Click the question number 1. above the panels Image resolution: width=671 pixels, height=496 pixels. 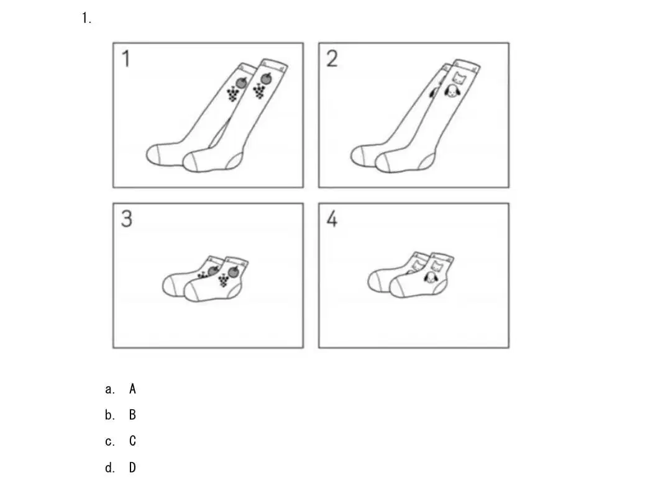[x=86, y=19]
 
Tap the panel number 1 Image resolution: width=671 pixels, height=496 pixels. [x=126, y=58]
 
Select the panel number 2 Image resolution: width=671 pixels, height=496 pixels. [x=332, y=58]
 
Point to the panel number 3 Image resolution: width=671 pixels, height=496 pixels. [x=127, y=219]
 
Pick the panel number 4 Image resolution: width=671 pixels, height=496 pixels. [x=332, y=219]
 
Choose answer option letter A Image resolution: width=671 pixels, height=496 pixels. [x=133, y=389]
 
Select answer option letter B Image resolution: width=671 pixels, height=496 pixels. [x=133, y=415]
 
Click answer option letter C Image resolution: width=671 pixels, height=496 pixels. [x=133, y=441]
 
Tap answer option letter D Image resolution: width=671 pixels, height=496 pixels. [x=133, y=467]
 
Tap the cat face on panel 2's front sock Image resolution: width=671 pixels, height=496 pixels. [x=459, y=78]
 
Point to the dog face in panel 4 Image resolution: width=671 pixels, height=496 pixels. [x=429, y=278]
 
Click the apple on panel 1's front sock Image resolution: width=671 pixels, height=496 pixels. [x=266, y=79]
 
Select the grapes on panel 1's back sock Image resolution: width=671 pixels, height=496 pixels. [x=232, y=94]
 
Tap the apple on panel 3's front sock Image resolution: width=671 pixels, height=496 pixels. [x=234, y=271]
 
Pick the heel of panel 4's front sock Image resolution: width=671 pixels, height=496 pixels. [x=440, y=287]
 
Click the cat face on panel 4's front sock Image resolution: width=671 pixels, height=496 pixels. [x=436, y=266]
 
